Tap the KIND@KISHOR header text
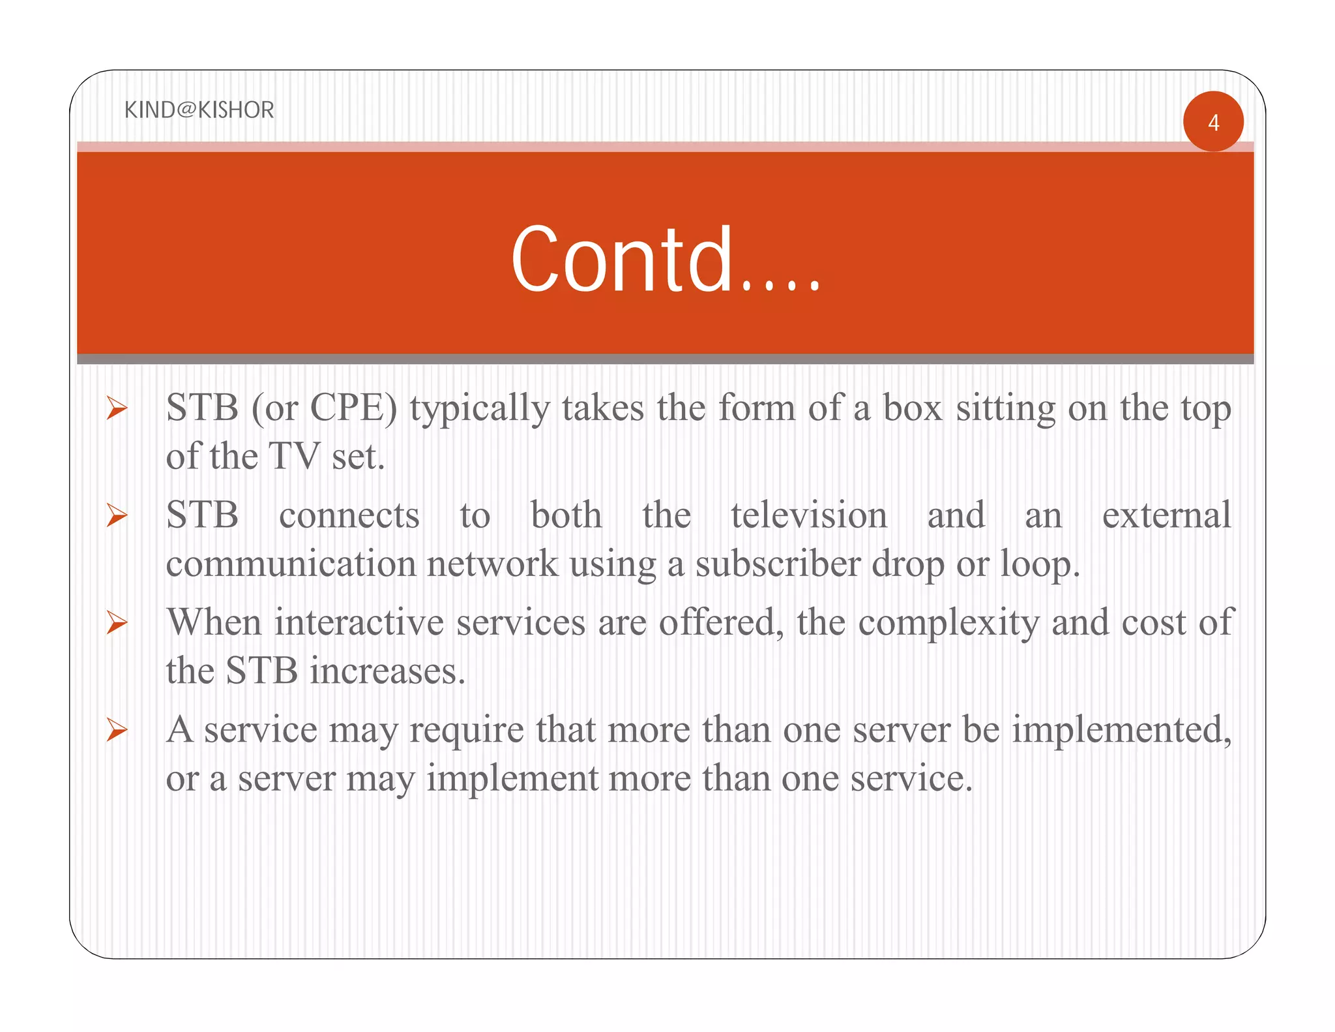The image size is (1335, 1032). (199, 110)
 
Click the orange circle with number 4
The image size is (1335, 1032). (1213, 122)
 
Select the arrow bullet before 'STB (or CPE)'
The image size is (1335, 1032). (117, 409)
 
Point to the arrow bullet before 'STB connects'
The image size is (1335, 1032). (117, 516)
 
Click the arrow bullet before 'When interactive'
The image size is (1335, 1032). (117, 623)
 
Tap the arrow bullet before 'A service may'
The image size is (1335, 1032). (117, 730)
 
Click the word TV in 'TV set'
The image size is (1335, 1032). (294, 456)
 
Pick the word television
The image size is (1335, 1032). (808, 515)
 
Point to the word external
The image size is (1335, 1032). (1166, 515)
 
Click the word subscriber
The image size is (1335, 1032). (778, 564)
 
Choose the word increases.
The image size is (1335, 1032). (387, 671)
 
